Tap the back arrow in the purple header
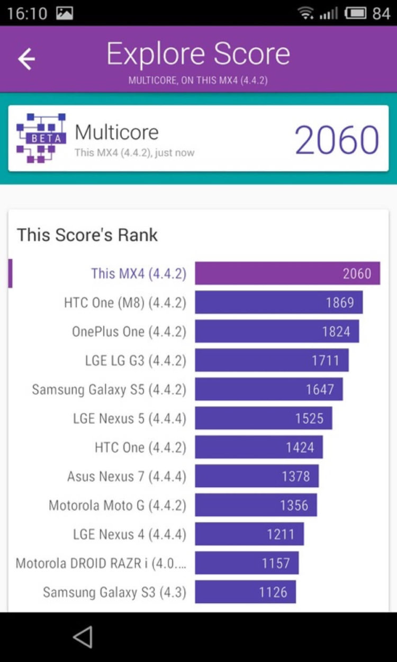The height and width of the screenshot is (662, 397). tap(26, 59)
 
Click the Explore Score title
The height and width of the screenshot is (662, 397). tap(198, 54)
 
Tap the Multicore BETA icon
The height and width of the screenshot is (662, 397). tap(41, 138)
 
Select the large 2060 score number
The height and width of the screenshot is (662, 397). tap(337, 140)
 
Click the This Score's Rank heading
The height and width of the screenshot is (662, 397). tap(87, 235)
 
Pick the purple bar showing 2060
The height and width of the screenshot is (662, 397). tap(287, 273)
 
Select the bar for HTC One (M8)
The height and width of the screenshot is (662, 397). tap(278, 302)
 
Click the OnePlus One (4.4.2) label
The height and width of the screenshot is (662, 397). tap(129, 332)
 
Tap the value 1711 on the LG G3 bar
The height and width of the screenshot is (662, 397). tap(325, 361)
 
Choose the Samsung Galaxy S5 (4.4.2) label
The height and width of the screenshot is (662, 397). tap(109, 390)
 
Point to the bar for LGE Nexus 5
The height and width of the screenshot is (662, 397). tap(263, 418)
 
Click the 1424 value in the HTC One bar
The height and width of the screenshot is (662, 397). tap(300, 448)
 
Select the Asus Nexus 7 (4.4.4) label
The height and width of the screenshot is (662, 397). tap(127, 477)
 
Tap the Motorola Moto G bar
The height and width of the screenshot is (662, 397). tap(256, 505)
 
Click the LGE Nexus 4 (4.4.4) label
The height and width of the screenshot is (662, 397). tap(130, 534)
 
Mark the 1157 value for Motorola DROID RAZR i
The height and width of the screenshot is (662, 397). tap(276, 563)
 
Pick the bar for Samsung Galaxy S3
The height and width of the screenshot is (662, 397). tap(245, 592)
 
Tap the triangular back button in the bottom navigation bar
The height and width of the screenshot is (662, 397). tap(83, 637)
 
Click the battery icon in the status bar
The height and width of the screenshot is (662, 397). tap(356, 13)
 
